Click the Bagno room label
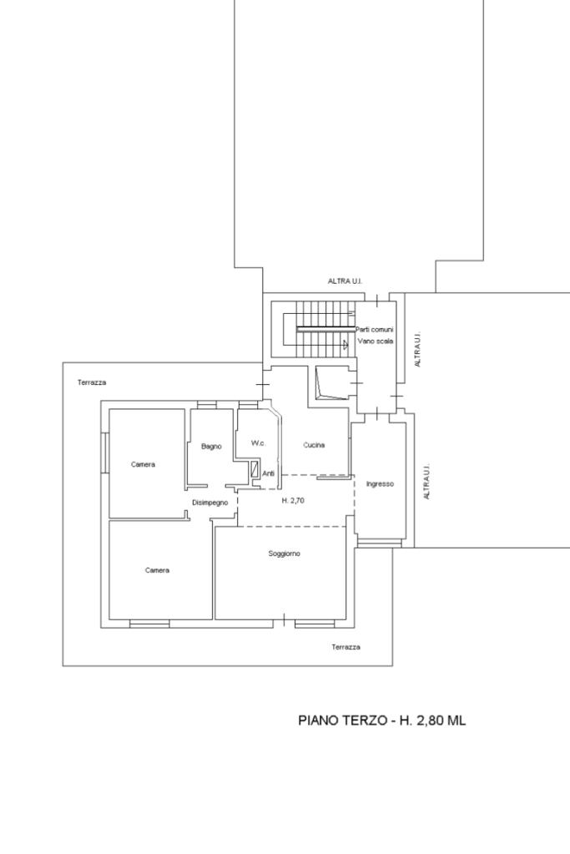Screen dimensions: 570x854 211,447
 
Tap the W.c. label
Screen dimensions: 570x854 258,443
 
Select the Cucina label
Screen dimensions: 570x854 314,445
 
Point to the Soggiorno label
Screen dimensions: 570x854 285,554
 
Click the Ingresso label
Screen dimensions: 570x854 380,484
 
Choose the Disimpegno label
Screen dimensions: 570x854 209,503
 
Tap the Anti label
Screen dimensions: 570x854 269,474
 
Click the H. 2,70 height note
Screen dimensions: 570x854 293,501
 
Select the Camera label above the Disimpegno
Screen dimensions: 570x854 144,465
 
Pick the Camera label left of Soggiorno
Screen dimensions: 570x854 158,570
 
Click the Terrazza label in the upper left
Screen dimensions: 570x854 92,382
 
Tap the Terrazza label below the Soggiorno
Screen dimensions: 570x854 346,647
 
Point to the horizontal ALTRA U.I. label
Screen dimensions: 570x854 345,281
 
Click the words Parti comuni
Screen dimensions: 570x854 374,330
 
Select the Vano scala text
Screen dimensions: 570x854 375,341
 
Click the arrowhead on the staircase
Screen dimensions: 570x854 346,344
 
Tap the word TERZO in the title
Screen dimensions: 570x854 364,720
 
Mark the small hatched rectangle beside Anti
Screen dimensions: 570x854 255,469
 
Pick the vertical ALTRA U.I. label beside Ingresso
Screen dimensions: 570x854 427,482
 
